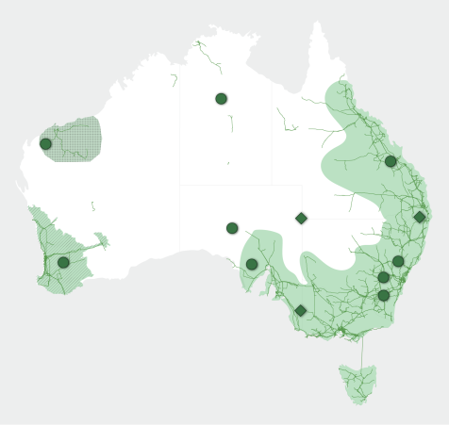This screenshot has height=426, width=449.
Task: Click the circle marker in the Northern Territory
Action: (221, 98)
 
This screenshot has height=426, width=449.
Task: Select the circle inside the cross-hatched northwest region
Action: (45, 143)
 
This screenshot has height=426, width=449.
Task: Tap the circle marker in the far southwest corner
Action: (63, 262)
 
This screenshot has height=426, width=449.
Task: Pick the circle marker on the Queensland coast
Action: (391, 161)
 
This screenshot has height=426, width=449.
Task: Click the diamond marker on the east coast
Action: (420, 217)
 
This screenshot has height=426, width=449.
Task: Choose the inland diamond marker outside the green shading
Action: (301, 219)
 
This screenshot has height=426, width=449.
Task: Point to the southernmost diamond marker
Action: (301, 310)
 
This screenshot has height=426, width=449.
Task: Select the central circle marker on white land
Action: (232, 228)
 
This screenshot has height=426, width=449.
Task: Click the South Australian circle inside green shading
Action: (252, 264)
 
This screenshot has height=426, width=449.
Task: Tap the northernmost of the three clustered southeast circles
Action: (398, 261)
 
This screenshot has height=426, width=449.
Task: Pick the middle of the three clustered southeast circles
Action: (384, 277)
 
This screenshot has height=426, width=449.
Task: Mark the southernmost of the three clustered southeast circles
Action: (384, 295)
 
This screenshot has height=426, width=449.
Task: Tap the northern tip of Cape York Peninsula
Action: (314, 23)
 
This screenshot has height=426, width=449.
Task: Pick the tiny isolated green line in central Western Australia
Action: (92, 205)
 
